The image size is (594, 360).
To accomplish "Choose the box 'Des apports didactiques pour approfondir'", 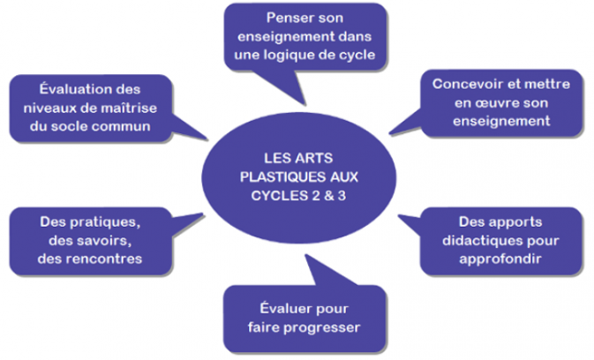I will (x=500, y=240).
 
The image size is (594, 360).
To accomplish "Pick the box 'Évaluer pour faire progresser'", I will (x=304, y=318).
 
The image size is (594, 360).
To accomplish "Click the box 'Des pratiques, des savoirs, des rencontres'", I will (x=92, y=240).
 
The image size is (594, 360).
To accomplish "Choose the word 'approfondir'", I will (x=500, y=259).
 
